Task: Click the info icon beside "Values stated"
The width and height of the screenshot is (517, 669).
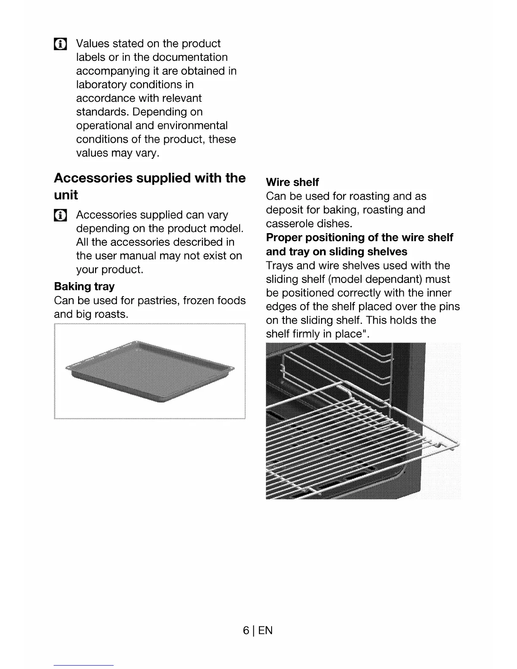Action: pos(60,44)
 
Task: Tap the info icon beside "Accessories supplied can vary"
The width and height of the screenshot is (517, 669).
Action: pos(60,215)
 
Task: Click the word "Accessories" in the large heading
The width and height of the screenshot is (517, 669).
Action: pos(93,178)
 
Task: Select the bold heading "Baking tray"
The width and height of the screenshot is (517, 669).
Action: pos(84,286)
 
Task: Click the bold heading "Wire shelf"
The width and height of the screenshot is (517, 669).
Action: pos(292,182)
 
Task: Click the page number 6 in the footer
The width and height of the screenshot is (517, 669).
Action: pos(246,631)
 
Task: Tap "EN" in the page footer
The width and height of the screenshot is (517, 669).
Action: pos(265,631)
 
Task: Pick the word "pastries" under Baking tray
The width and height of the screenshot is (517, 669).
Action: pos(158,300)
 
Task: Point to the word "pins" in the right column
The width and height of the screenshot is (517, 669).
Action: pos(449,307)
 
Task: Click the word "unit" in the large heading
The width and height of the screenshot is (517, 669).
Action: pos(66,195)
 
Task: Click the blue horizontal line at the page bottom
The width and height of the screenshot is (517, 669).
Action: pos(84,665)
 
